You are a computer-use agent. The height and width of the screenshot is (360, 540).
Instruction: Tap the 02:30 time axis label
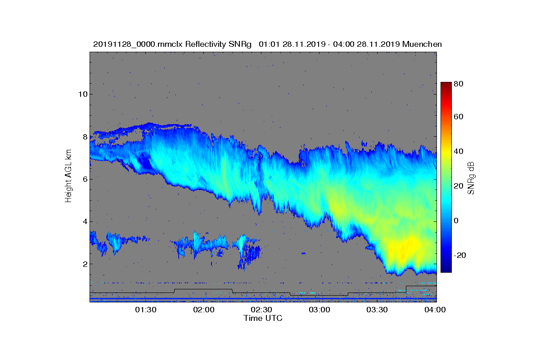pyautogui.click(x=261, y=310)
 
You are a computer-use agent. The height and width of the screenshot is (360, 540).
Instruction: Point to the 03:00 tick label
pyautogui.click(x=319, y=310)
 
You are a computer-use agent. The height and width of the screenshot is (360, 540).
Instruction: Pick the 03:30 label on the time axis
pyautogui.click(x=378, y=310)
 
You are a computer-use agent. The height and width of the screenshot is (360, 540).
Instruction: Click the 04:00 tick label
pyautogui.click(x=435, y=310)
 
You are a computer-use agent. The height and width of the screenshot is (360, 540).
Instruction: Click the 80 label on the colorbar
pyautogui.click(x=459, y=84)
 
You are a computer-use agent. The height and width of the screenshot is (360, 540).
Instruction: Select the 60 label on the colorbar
pyautogui.click(x=459, y=117)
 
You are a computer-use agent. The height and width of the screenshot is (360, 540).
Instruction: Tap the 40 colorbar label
pyautogui.click(x=459, y=151)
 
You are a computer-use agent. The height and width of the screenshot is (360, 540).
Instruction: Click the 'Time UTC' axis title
pyautogui.click(x=263, y=318)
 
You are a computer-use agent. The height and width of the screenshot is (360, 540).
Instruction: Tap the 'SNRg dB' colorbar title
pyautogui.click(x=471, y=178)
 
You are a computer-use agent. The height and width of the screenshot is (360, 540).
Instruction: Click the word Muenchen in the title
pyautogui.click(x=422, y=44)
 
